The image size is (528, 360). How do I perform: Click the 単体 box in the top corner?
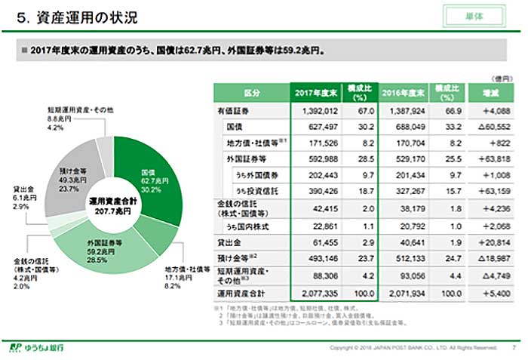[474, 16]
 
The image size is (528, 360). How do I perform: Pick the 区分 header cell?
[253, 93]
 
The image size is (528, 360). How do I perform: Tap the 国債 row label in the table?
[235, 126]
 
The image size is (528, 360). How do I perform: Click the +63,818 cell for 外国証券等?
[493, 159]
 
